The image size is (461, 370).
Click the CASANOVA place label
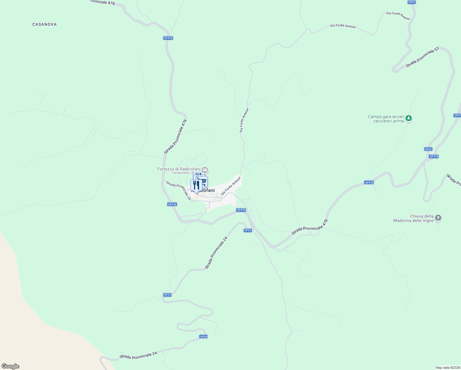(x=44, y=24)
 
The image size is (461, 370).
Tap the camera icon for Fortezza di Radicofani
(x=205, y=170)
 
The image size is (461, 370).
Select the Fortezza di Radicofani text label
(x=179, y=169)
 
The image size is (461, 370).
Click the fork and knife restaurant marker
(x=196, y=185)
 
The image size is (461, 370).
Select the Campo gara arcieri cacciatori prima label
(x=386, y=119)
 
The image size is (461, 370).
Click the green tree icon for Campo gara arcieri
(x=409, y=118)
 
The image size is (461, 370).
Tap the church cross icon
(x=438, y=218)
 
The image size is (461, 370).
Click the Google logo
(x=10, y=366)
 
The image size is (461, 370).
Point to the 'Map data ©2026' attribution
(x=447, y=368)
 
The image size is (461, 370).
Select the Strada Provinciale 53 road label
(x=422, y=57)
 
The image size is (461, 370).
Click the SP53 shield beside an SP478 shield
(x=428, y=149)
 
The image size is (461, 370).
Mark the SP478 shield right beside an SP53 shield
(x=434, y=156)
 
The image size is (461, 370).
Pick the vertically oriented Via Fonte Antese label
(x=244, y=120)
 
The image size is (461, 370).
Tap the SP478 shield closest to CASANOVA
(x=168, y=38)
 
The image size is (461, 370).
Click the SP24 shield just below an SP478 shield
(x=247, y=230)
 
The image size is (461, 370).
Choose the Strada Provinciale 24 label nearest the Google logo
(x=138, y=356)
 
